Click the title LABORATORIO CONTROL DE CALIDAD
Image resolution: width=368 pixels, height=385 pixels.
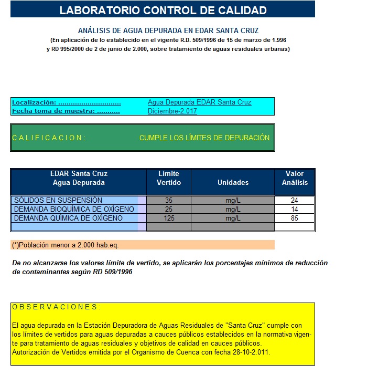point(163,10)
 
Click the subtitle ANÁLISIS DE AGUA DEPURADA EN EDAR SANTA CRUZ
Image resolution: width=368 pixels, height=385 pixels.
point(168,30)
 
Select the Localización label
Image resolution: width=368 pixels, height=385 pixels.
point(66,102)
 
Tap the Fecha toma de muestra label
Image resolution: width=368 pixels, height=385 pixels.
point(66,111)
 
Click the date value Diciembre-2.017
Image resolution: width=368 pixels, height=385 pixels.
point(172,111)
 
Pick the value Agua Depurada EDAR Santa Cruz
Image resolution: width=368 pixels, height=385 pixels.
point(199,102)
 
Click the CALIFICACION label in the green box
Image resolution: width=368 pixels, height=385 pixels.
point(49,138)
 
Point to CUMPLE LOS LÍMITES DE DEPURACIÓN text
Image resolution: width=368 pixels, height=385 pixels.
point(204,138)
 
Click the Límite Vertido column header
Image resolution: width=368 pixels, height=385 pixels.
point(169,178)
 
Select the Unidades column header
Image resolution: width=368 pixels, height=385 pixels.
point(233,182)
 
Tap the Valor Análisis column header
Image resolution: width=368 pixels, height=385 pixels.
point(295,178)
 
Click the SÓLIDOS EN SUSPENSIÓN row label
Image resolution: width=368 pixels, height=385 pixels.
point(58,200)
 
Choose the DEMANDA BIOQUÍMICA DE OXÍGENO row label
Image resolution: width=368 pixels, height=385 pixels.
point(74,209)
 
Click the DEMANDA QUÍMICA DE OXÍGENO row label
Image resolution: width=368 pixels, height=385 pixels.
point(68,218)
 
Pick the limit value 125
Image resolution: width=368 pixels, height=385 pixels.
point(169,218)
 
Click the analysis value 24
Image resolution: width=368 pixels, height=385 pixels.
point(294,200)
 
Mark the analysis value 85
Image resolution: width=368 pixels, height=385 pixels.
point(294,218)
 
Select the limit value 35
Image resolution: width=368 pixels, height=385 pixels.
point(169,200)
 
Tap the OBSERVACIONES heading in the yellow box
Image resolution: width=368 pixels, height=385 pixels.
point(56,307)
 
